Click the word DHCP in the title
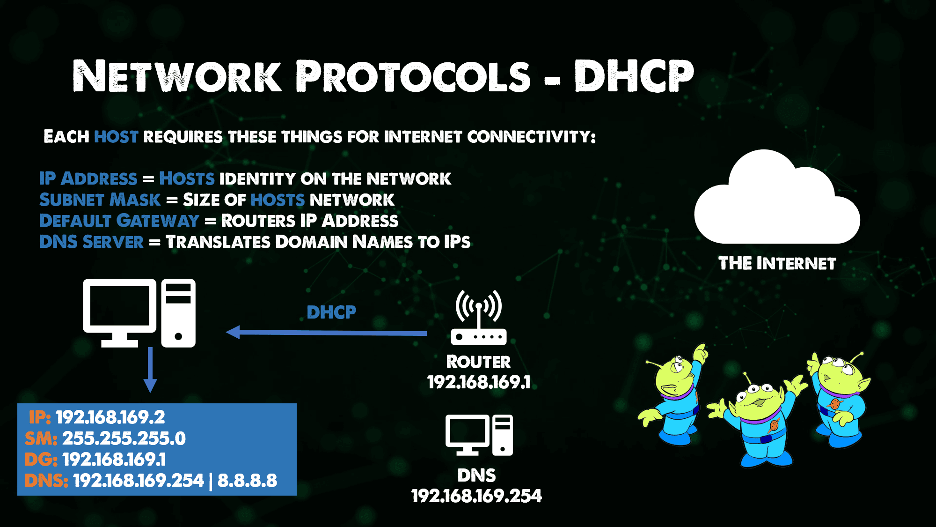(634, 76)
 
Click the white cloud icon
(777, 199)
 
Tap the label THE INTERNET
(777, 263)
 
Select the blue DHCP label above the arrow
(331, 312)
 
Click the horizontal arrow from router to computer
(326, 333)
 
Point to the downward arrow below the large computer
(150, 370)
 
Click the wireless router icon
(478, 318)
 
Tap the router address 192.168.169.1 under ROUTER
(479, 382)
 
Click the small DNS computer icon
(479, 435)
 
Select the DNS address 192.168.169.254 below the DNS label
(476, 496)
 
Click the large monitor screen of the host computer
(120, 305)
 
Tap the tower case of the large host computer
(178, 313)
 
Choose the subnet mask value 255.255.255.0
(124, 438)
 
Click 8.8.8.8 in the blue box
(247, 481)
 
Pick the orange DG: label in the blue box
(41, 460)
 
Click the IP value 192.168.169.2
(110, 417)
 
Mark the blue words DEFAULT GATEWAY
(119, 221)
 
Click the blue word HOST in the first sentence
(116, 137)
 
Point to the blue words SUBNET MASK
(100, 200)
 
